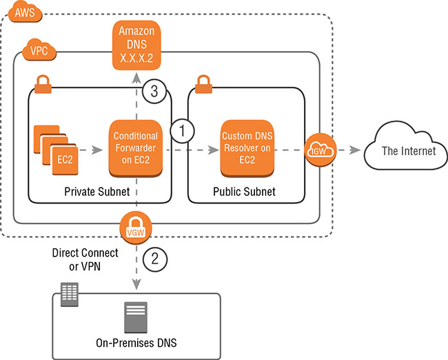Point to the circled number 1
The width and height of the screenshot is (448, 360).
click(x=183, y=130)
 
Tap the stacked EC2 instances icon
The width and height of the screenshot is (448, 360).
click(x=52, y=148)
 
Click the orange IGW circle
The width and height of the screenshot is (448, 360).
click(x=319, y=148)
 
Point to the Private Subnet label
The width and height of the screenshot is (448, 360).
click(x=96, y=191)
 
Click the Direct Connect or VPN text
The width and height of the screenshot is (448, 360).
click(x=85, y=260)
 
